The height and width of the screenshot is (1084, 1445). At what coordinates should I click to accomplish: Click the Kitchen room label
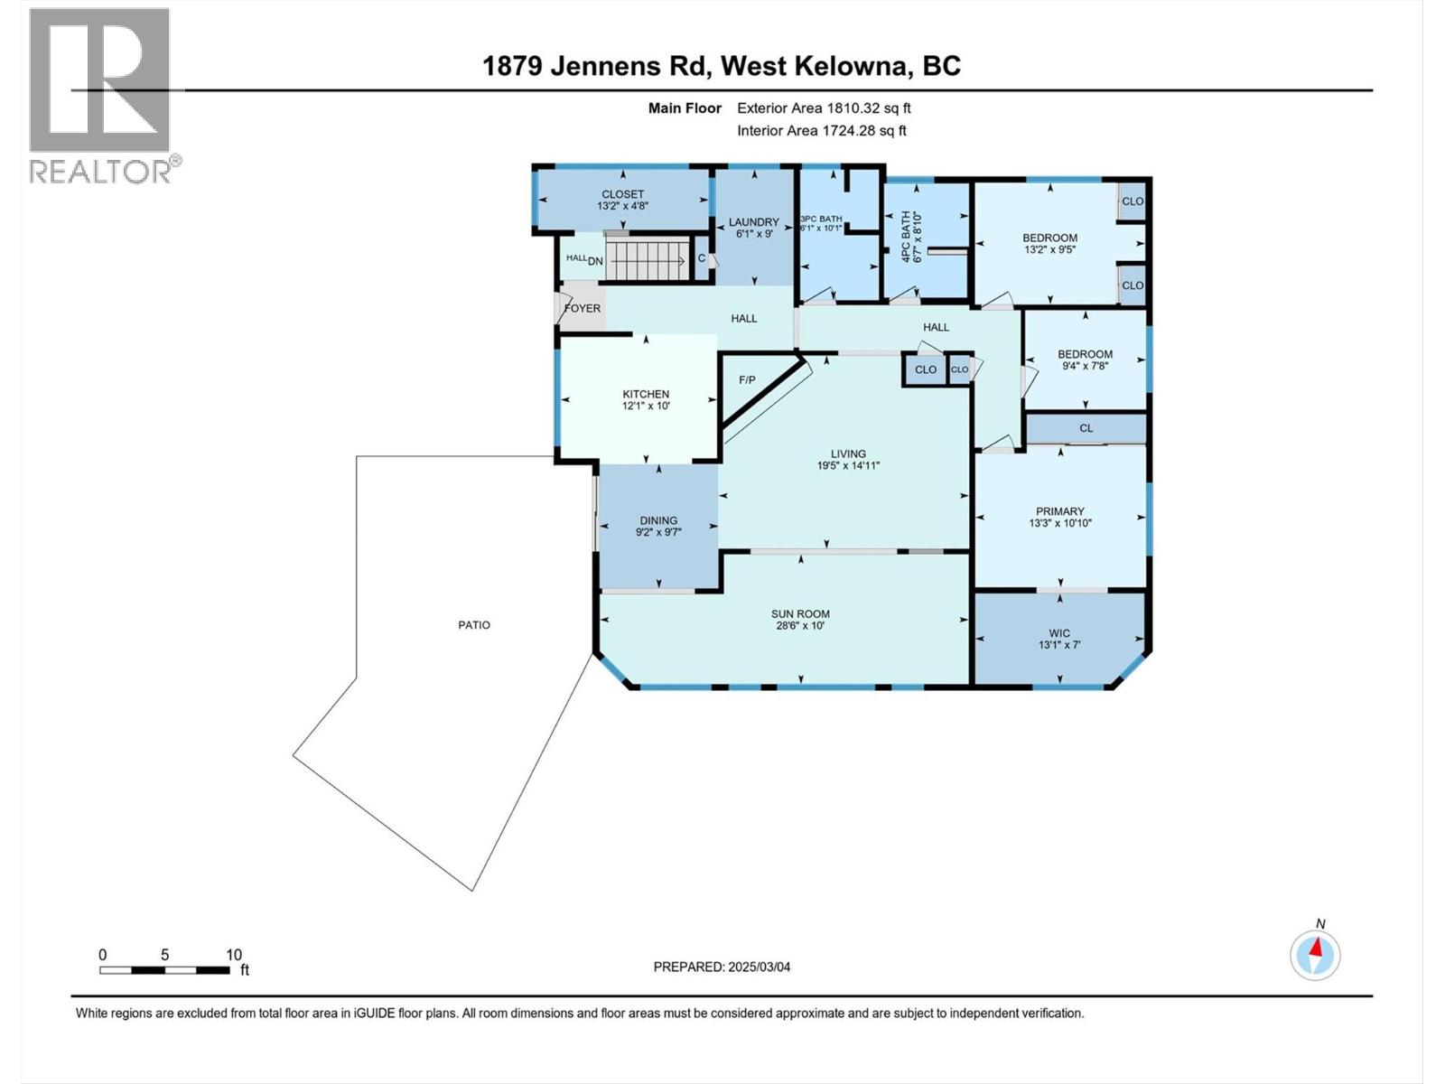point(646,394)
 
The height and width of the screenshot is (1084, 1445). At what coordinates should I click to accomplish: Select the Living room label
point(848,453)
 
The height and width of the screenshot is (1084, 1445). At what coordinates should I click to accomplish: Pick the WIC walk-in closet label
point(1059,633)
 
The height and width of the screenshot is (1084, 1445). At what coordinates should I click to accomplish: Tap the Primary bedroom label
point(1060,511)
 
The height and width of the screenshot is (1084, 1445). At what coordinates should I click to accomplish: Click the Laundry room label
point(754,222)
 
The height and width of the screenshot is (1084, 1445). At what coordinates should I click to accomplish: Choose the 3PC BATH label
point(821,219)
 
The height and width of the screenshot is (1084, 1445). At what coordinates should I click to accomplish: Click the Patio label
point(474,625)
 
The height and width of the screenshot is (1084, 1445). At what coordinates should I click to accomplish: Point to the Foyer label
point(583,308)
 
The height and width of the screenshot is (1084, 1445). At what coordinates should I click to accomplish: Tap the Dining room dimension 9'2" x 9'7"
point(658,532)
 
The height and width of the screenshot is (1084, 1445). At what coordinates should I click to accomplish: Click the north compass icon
point(1315,955)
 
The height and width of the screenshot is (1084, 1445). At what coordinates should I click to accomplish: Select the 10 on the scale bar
point(234,955)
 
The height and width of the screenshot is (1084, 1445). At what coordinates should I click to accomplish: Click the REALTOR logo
point(101,94)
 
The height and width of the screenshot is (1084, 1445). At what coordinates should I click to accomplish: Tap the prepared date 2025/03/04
point(722,967)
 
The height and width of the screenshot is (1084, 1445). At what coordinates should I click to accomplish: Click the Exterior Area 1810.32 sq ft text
point(824,108)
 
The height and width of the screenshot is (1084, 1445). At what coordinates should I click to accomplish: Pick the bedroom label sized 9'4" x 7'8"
point(1085,354)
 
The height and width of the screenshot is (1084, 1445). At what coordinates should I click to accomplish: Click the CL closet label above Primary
point(1086,428)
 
